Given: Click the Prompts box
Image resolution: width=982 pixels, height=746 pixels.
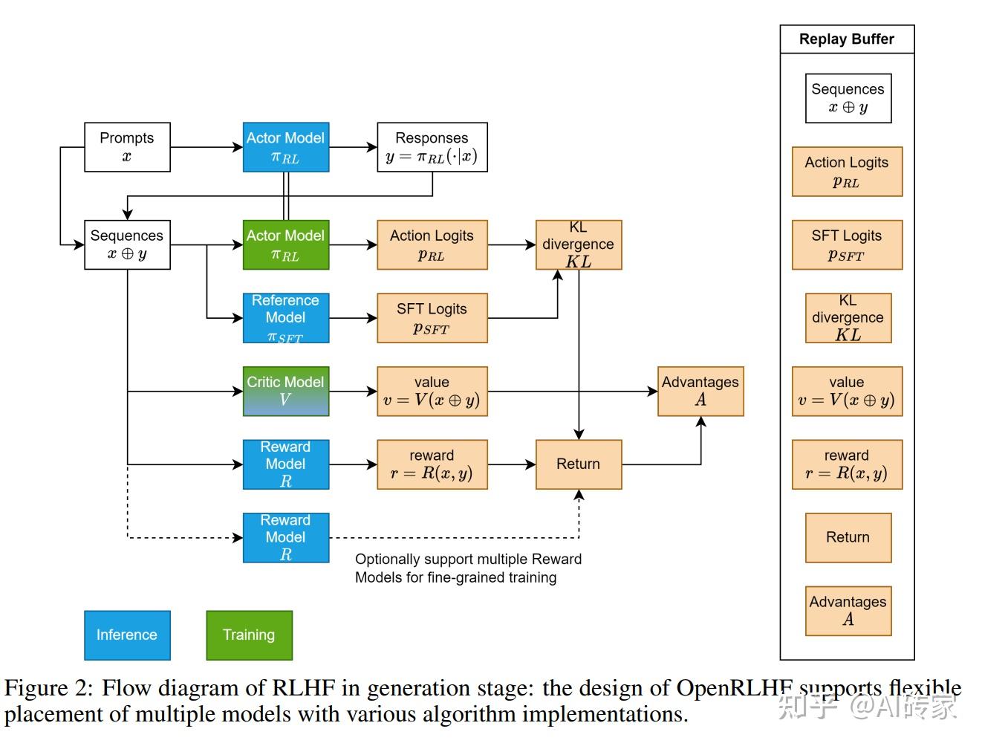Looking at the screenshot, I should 127,147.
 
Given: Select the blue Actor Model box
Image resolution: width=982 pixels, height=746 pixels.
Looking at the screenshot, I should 286,147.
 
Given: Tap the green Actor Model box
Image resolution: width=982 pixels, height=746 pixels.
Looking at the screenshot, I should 286,244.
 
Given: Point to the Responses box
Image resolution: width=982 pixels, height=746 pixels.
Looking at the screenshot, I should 432,147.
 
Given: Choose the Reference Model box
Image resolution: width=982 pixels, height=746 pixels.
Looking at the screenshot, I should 286,318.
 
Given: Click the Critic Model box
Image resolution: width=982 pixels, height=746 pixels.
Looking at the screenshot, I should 286,391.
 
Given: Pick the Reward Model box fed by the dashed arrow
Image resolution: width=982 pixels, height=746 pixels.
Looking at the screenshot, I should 286,537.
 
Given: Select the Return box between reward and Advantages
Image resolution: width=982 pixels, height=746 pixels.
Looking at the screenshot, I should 579,464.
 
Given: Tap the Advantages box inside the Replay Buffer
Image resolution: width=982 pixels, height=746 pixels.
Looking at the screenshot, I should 848,611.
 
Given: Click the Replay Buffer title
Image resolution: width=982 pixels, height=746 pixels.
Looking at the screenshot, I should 847,39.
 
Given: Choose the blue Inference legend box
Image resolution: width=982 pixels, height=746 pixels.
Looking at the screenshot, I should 127,635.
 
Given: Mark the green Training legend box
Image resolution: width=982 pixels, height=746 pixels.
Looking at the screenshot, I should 249,635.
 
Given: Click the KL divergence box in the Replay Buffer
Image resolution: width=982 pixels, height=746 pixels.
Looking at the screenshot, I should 848,318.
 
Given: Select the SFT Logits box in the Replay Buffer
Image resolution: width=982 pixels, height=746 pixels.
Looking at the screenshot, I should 847,244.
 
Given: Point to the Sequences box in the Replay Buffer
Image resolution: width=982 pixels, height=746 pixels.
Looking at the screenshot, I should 848,98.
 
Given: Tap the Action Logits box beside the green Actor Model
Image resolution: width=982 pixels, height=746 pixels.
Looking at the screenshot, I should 432,244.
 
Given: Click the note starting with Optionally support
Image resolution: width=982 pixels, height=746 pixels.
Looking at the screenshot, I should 467,568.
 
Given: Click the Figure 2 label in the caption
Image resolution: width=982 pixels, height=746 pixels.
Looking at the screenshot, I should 48,688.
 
